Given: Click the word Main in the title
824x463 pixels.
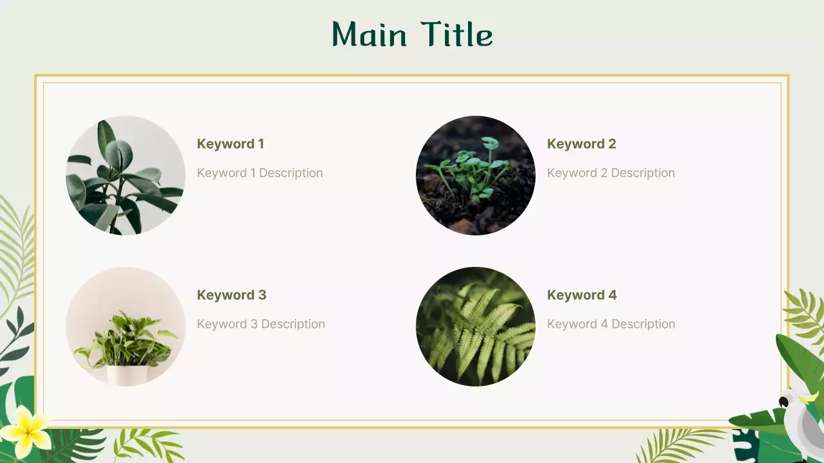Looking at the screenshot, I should (x=370, y=35).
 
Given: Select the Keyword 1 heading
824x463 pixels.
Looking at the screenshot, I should (x=230, y=144).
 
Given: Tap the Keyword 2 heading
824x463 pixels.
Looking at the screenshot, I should (x=581, y=144).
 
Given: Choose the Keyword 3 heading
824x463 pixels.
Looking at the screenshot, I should (x=231, y=295).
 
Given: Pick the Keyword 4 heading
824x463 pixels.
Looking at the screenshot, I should (x=581, y=295).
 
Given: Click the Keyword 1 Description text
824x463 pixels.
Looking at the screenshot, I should (x=259, y=173).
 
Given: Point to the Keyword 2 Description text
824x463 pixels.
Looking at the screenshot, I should (x=611, y=173).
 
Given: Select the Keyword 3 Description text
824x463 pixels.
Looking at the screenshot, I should (x=261, y=324).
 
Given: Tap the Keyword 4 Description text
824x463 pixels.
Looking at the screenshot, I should (x=611, y=324).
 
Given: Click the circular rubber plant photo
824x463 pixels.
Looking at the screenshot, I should (x=126, y=176).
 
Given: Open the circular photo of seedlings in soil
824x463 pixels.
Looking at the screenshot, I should (x=476, y=176).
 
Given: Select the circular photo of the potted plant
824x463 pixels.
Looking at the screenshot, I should (x=126, y=327).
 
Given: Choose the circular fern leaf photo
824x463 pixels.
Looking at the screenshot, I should (x=476, y=327).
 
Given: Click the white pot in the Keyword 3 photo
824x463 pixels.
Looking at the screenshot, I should (x=127, y=375).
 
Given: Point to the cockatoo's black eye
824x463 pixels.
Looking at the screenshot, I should (x=783, y=403).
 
